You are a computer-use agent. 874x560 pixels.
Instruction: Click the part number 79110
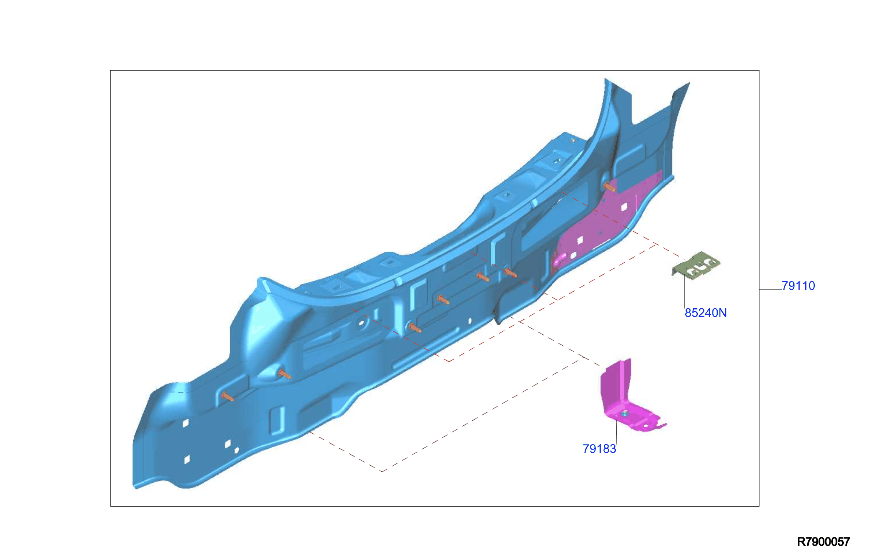pyautogui.click(x=798, y=286)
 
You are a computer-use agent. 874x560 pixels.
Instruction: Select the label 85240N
pyautogui.click(x=706, y=313)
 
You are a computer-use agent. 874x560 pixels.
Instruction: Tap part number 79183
pyautogui.click(x=599, y=449)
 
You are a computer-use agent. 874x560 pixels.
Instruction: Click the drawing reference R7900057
pyautogui.click(x=823, y=542)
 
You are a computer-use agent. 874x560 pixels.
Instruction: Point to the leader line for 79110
pyautogui.click(x=770, y=290)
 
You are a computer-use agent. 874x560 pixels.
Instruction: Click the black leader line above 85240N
pyautogui.click(x=685, y=291)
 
